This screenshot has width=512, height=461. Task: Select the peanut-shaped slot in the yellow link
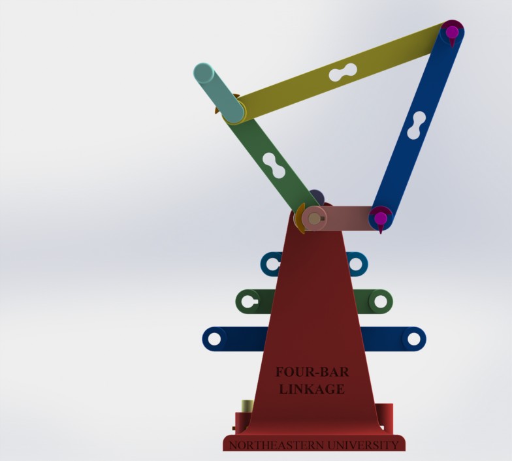click(x=342, y=72)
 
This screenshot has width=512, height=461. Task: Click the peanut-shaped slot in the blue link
click(x=416, y=125)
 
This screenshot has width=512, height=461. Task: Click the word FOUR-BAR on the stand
click(x=312, y=372)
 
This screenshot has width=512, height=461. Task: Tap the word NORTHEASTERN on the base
click(x=274, y=445)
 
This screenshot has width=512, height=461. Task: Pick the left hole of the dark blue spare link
click(x=214, y=339)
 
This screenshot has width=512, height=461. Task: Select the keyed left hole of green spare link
click(x=248, y=301)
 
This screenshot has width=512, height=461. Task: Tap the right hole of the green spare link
click(x=379, y=301)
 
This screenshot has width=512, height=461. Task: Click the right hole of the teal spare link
click(x=356, y=264)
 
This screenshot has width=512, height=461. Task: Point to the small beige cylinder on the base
click(x=247, y=407)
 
